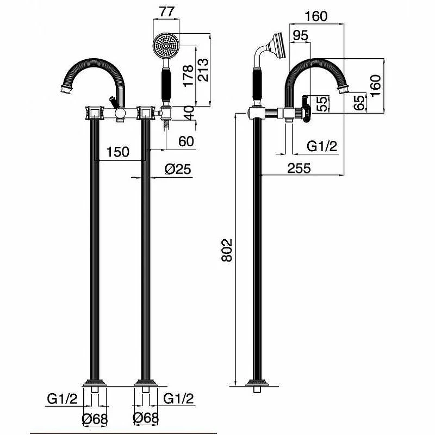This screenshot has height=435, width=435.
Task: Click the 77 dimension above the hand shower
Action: (x=167, y=11)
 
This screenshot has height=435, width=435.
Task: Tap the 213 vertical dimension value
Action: (x=202, y=70)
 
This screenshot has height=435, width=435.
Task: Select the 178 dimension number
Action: (x=188, y=76)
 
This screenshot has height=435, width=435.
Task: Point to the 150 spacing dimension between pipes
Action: (x=118, y=152)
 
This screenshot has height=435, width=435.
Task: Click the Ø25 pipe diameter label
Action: (x=178, y=169)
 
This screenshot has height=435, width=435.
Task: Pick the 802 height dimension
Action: (x=227, y=250)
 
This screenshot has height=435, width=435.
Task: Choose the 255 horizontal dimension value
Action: (x=299, y=168)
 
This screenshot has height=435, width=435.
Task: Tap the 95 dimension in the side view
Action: (x=301, y=35)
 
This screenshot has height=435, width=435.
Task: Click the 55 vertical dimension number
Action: (x=322, y=104)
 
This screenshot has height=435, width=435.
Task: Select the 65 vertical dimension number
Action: (x=359, y=103)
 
